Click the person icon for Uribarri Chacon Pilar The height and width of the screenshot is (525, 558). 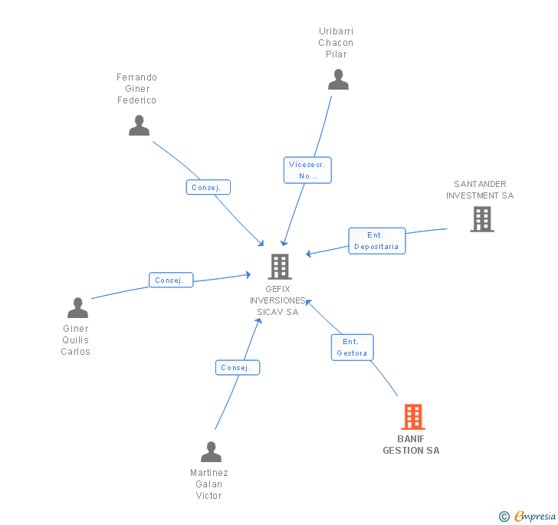338,80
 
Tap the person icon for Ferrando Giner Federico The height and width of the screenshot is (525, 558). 139,126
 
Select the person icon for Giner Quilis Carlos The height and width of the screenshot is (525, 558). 77,308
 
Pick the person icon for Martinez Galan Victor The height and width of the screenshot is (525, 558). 211,452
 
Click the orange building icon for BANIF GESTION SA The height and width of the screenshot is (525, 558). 412,418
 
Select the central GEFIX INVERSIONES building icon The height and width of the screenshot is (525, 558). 280,267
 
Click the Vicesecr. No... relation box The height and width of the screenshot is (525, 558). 307,170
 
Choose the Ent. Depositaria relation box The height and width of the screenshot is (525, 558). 376,241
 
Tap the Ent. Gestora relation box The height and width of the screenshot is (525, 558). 352,347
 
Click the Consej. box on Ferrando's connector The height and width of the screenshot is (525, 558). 208,187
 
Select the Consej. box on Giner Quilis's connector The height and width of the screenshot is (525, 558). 170,280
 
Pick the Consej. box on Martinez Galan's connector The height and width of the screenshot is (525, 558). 237,368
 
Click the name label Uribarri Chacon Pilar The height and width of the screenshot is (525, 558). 336,43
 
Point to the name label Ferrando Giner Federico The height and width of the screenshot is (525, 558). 136,89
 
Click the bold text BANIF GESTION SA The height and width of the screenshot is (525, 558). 411,445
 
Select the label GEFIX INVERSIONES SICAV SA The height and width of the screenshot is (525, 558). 277,300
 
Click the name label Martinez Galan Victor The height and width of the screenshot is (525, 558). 209,484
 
